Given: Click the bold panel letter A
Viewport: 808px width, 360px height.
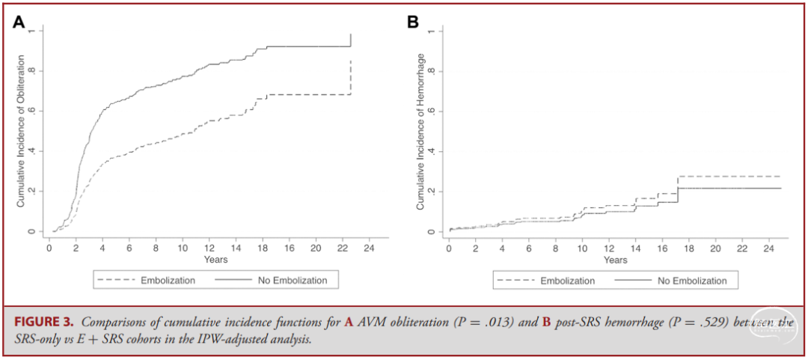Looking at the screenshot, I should [x=20, y=22].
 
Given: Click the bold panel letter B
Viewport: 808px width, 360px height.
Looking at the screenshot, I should [x=412, y=22].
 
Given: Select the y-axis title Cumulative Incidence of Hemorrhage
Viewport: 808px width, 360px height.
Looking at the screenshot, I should [x=420, y=131].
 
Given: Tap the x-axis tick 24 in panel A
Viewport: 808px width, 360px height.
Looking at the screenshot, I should [x=369, y=248].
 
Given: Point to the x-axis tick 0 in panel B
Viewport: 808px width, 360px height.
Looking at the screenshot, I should [x=449, y=248].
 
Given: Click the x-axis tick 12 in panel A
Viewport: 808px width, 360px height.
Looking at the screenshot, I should [x=209, y=248].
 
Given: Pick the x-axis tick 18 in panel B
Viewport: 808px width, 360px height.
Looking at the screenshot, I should [x=688, y=248].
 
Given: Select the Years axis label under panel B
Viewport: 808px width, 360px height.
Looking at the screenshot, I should [x=615, y=260].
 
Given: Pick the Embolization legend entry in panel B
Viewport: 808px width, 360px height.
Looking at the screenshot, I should [x=567, y=281].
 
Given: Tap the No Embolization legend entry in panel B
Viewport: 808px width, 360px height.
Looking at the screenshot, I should [x=692, y=281].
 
